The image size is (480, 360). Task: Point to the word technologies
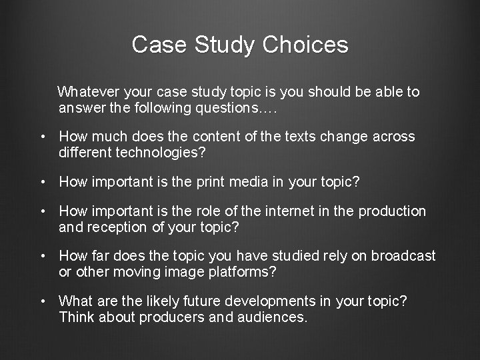164,153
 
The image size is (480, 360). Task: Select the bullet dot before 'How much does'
43,137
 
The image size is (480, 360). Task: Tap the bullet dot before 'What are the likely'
43,302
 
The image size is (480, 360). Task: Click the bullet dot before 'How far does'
43,257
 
